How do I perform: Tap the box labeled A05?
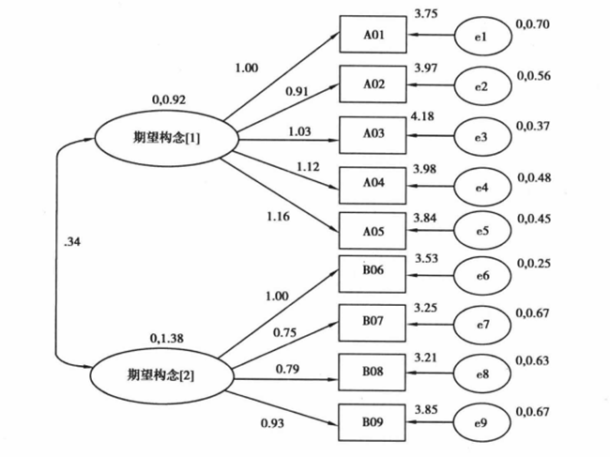click(x=373, y=230)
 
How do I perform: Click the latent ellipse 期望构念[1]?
click(x=162, y=137)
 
